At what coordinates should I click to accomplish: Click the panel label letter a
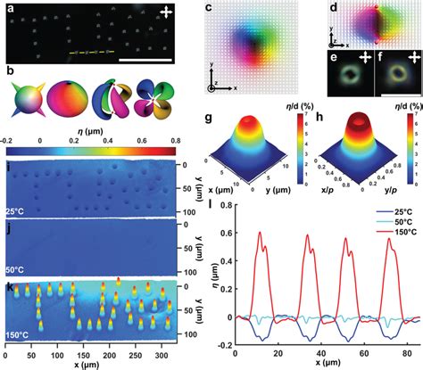click(9, 7)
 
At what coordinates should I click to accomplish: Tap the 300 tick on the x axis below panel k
click(170, 355)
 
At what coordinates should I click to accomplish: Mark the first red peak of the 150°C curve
click(261, 259)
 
